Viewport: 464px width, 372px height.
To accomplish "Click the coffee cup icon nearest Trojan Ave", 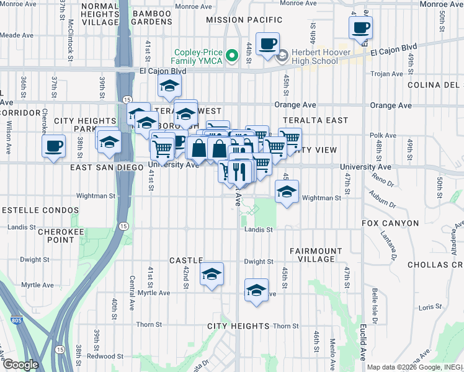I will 360,27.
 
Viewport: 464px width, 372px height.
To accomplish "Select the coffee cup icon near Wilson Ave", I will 54,146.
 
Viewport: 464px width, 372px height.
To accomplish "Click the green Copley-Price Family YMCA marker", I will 232,56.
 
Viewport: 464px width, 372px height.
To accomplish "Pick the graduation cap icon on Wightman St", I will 287,192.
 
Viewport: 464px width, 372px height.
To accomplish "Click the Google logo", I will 20,364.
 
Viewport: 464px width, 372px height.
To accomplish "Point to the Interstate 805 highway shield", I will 17,322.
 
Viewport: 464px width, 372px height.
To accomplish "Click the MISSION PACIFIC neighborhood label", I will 236,20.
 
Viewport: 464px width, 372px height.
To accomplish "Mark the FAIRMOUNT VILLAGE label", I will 316,255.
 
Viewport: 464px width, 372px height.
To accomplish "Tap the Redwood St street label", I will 100,356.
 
